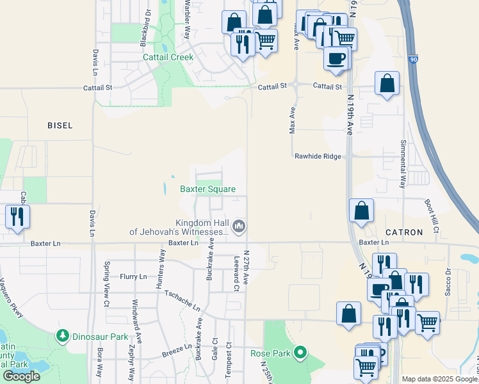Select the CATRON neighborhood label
405,232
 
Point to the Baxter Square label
207,189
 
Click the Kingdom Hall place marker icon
239,226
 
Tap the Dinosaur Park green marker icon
63,335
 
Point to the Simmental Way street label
403,163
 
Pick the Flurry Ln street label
133,276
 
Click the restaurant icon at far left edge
17,216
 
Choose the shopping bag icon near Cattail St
387,83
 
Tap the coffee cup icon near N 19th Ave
336,58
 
